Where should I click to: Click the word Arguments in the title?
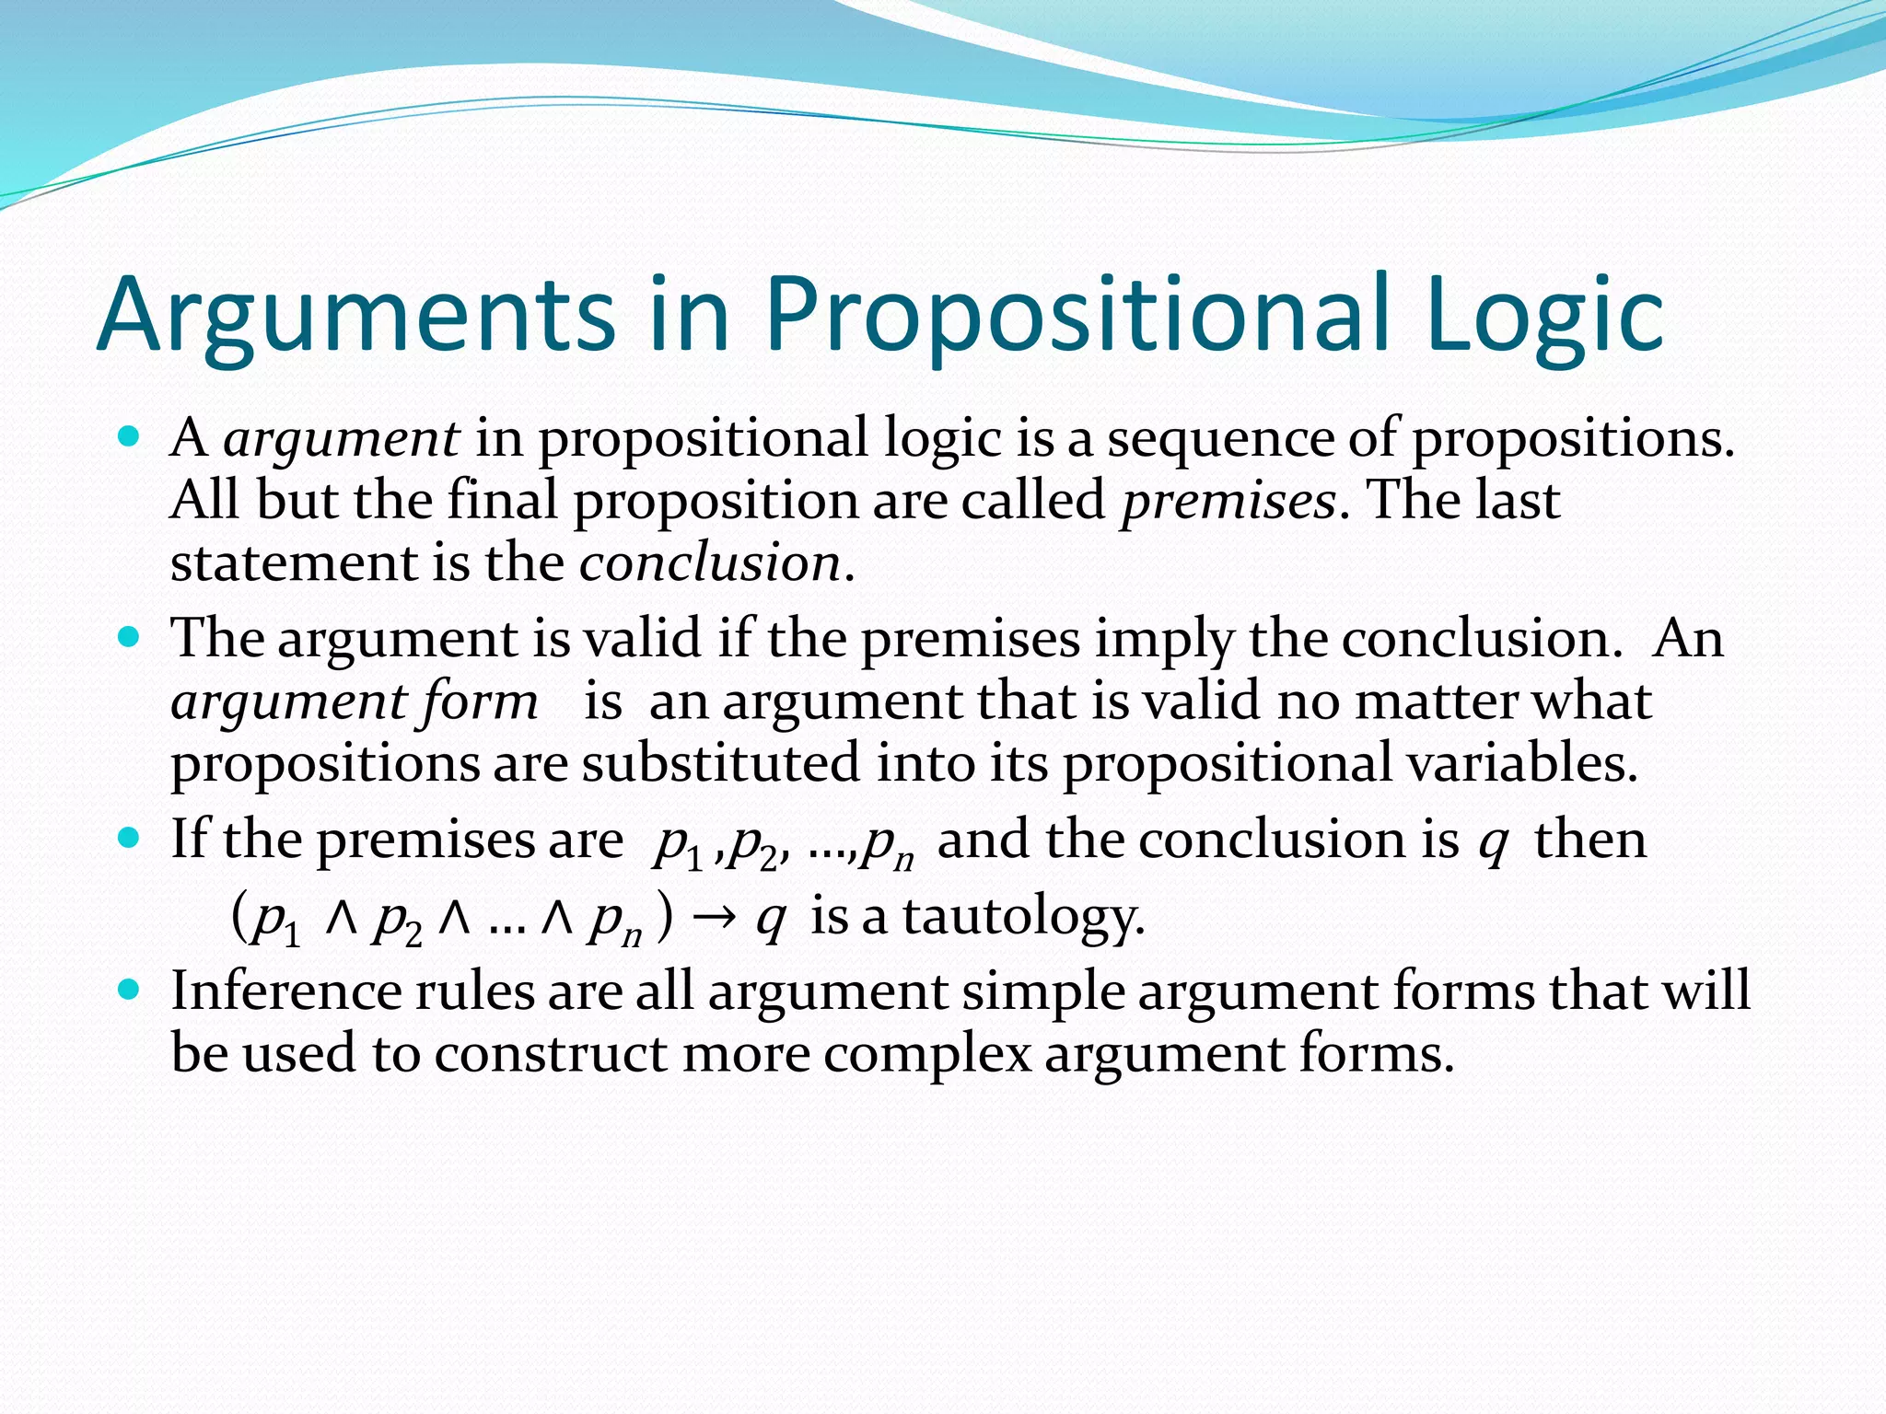[x=355, y=316]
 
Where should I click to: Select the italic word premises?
[x=1228, y=502]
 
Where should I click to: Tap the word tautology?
[x=1023, y=918]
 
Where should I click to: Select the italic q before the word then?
[x=1493, y=841]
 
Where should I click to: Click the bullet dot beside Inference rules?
[x=129, y=991]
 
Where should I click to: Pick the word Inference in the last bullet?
[x=286, y=992]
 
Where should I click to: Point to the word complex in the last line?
[x=927, y=1055]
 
